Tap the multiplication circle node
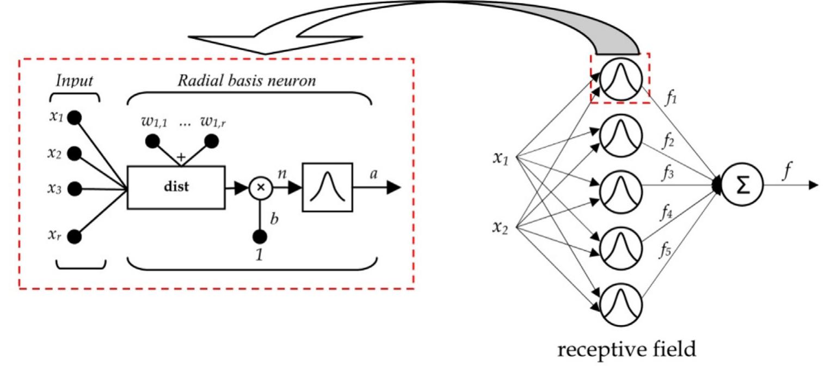(x=260, y=188)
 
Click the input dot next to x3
(x=75, y=189)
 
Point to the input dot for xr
(x=75, y=237)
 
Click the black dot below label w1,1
(x=152, y=141)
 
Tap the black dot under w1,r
(x=211, y=141)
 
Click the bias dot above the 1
(x=260, y=237)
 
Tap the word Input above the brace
(x=75, y=81)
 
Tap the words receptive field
(x=626, y=348)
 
